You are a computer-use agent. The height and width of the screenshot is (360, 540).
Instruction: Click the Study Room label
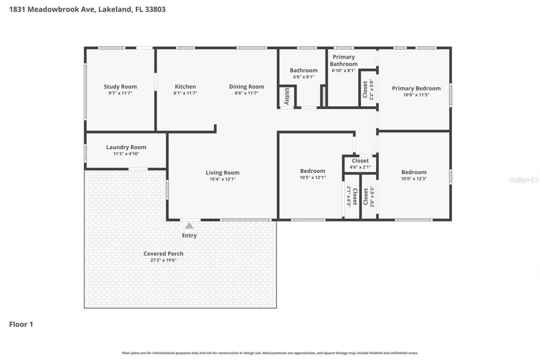[120, 87]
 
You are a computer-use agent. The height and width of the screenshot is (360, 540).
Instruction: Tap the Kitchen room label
[185, 87]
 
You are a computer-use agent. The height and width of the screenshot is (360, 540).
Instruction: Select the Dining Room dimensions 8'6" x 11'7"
[246, 93]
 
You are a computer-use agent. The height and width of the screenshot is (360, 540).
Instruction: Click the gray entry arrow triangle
[189, 226]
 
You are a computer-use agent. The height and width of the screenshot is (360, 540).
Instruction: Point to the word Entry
[189, 235]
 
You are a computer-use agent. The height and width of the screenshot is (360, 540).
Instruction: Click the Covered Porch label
[163, 254]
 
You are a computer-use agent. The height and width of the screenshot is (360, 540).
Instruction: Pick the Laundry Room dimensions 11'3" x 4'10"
[126, 154]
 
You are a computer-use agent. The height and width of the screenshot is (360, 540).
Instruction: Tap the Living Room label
[222, 172]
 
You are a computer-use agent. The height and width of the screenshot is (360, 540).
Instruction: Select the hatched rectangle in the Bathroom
[323, 96]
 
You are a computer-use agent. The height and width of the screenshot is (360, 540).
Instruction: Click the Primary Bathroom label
[343, 60]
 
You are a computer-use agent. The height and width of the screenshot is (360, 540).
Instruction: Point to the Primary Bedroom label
[416, 88]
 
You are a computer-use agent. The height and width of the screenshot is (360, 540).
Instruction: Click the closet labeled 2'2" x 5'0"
[368, 89]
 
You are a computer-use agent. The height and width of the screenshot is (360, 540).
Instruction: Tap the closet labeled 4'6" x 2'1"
[360, 164]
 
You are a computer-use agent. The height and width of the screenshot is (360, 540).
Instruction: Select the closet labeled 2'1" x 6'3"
[352, 196]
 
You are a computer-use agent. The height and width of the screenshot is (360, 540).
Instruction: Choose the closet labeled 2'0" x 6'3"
[369, 196]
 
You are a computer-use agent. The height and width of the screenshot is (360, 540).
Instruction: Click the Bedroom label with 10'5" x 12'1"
[312, 171]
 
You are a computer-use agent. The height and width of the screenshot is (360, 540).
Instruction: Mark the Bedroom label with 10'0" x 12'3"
[413, 172]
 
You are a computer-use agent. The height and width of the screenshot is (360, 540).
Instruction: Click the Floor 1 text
[21, 324]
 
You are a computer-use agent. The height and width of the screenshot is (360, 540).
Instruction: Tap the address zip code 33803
[155, 9]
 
